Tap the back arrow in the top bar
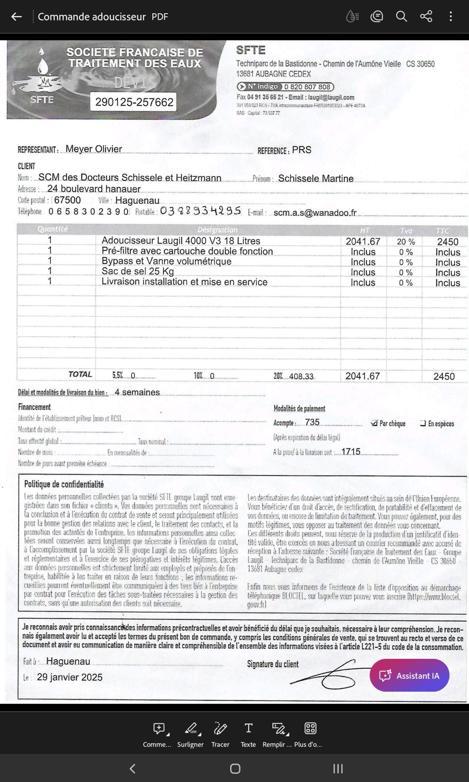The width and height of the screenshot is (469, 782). pyautogui.click(x=16, y=16)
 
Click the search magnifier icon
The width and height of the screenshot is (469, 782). pyautogui.click(x=401, y=16)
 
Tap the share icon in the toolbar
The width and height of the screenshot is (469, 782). pyautogui.click(x=426, y=16)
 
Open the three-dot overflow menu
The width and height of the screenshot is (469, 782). pyautogui.click(x=451, y=16)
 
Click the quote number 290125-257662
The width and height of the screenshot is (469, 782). pyautogui.click(x=134, y=102)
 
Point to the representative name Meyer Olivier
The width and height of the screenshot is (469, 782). pyautogui.click(x=94, y=149)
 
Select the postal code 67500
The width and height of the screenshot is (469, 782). pyautogui.click(x=67, y=200)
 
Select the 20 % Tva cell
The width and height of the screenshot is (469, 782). pyautogui.click(x=406, y=242)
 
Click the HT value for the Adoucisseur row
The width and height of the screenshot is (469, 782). pyautogui.click(x=363, y=242)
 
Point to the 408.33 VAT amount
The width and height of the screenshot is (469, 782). pyautogui.click(x=301, y=376)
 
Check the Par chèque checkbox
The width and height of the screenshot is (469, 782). pyautogui.click(x=374, y=423)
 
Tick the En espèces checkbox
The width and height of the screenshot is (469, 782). pyautogui.click(x=423, y=423)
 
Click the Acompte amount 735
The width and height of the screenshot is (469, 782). pyautogui.click(x=312, y=423)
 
